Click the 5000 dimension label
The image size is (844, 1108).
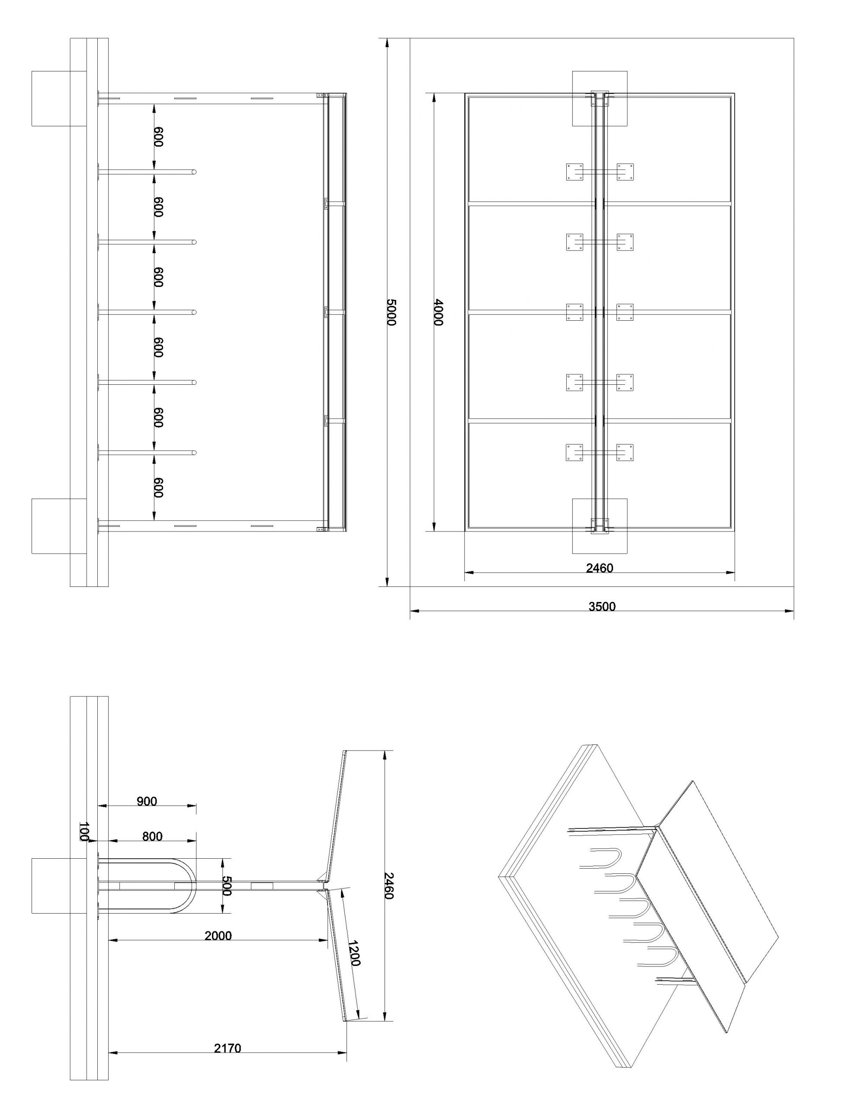tap(392, 312)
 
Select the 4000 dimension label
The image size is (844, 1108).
tap(439, 312)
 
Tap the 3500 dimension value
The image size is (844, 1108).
tap(602, 606)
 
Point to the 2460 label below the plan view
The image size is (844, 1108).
tap(600, 568)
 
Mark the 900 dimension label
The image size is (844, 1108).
tap(147, 801)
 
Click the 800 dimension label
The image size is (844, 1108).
tap(152, 836)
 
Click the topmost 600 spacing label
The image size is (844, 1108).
tap(159, 137)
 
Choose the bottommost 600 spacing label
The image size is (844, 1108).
tap(159, 487)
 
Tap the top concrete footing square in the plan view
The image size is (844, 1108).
tap(600, 99)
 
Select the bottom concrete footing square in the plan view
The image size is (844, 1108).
tap(600, 526)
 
